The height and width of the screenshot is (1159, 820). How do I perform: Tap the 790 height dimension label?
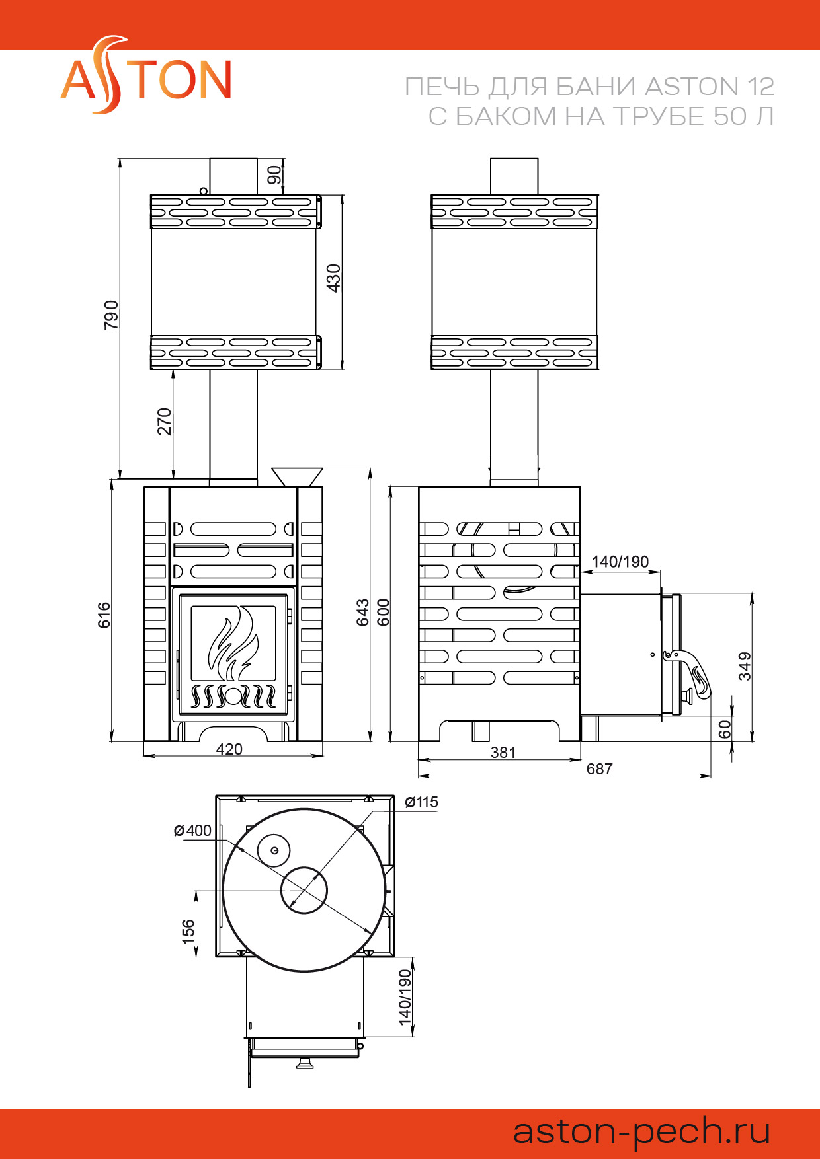(x=111, y=315)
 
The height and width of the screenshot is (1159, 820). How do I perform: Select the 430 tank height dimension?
(x=333, y=278)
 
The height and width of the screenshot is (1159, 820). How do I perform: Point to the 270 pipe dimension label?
(x=164, y=422)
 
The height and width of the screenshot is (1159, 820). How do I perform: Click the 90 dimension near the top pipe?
(x=274, y=174)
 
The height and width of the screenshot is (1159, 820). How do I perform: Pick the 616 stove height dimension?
(x=104, y=615)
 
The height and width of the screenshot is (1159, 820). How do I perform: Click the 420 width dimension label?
(x=229, y=749)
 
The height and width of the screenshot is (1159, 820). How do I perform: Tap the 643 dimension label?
(x=363, y=612)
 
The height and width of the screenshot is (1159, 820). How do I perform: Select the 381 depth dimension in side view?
(x=503, y=752)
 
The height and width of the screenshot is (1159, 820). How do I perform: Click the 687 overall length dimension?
(x=599, y=768)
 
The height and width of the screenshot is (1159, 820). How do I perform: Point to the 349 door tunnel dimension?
(x=745, y=665)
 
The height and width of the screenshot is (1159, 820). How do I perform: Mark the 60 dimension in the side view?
(x=725, y=729)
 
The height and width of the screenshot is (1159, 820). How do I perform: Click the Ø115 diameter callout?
(x=422, y=802)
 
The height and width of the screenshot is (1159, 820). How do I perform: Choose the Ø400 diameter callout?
(x=192, y=831)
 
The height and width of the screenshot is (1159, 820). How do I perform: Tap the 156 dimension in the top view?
(x=188, y=930)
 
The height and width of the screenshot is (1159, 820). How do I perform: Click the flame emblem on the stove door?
(x=233, y=643)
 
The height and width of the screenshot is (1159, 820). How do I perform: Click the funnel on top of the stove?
(x=297, y=476)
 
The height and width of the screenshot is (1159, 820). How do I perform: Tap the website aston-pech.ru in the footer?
(x=641, y=1131)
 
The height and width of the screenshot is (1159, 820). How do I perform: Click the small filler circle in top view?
(x=273, y=850)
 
